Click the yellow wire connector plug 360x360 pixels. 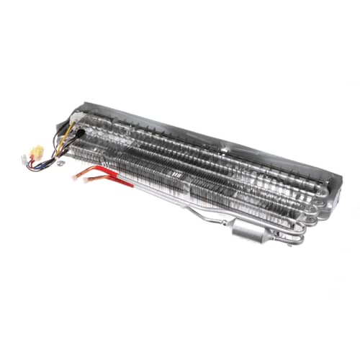[x=37, y=152]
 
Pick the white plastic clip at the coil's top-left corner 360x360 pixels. [x=73, y=113]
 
